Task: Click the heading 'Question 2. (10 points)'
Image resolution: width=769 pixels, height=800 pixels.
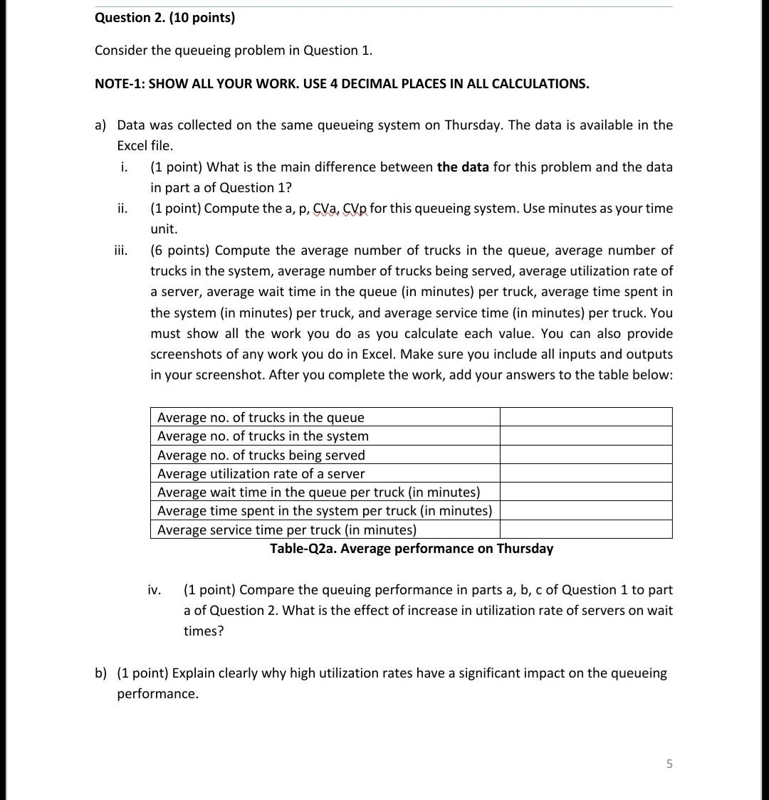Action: click(x=164, y=18)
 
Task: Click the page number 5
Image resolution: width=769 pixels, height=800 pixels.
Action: click(x=669, y=764)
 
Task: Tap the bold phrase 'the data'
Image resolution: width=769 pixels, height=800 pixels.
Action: click(x=463, y=167)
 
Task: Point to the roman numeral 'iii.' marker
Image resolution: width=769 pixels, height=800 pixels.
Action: click(x=121, y=251)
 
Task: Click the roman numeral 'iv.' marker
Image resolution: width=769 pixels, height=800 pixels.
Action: click(x=154, y=590)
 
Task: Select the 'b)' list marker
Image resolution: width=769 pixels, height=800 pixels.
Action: click(x=101, y=673)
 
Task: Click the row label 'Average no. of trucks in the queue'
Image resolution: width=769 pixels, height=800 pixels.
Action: click(x=261, y=418)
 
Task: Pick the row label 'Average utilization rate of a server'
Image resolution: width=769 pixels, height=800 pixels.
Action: click(x=261, y=474)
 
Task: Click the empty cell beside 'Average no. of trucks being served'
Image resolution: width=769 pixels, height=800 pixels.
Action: click(x=585, y=455)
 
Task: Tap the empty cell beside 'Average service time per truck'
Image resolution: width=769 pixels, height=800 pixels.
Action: click(x=585, y=530)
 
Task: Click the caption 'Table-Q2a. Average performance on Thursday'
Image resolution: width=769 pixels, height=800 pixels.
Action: click(x=411, y=549)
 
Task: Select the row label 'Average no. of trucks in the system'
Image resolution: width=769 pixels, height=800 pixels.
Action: click(x=263, y=436)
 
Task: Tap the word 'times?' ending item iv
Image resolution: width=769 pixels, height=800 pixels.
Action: click(x=203, y=631)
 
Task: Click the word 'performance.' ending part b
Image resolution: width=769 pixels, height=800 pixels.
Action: click(x=157, y=694)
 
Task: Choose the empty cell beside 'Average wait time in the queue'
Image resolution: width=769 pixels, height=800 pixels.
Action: click(x=585, y=492)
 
